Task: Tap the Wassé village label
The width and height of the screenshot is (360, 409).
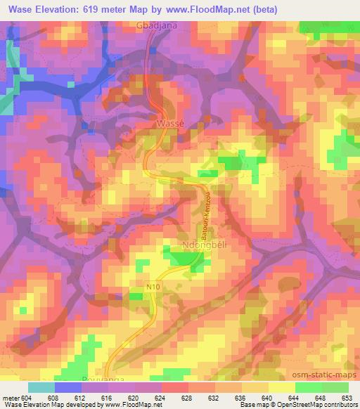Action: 169,122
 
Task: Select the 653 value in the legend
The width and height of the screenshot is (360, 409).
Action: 347,398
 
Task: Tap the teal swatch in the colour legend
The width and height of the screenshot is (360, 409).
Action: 41,387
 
